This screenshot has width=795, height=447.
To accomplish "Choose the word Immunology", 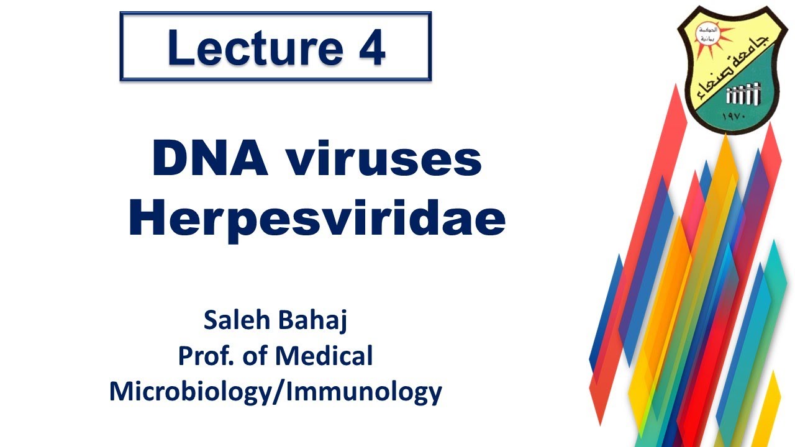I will click(361, 392).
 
